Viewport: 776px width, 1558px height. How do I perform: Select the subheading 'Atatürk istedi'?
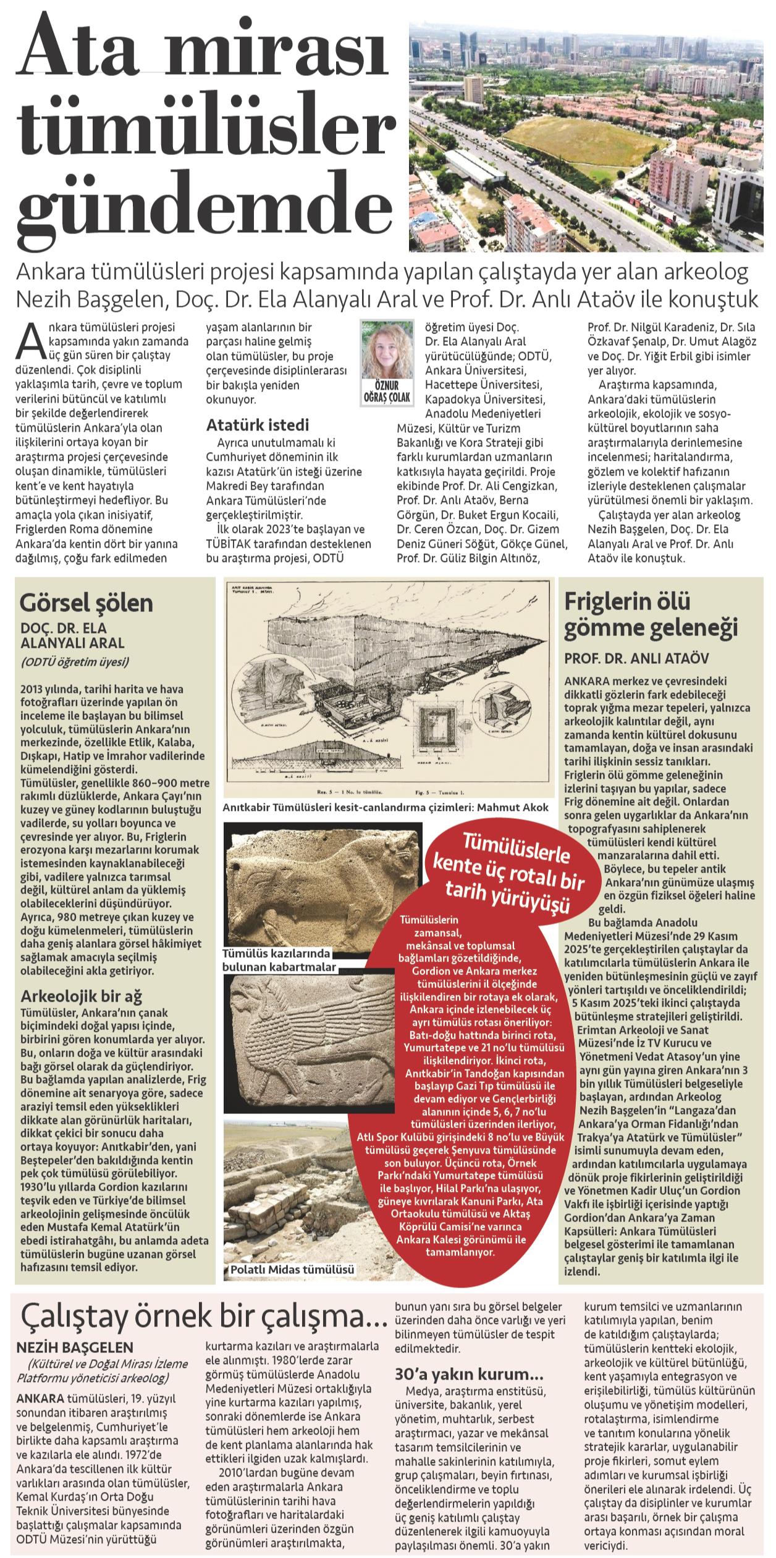[x=257, y=425]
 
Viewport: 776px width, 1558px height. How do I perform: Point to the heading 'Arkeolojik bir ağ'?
[x=82, y=996]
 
